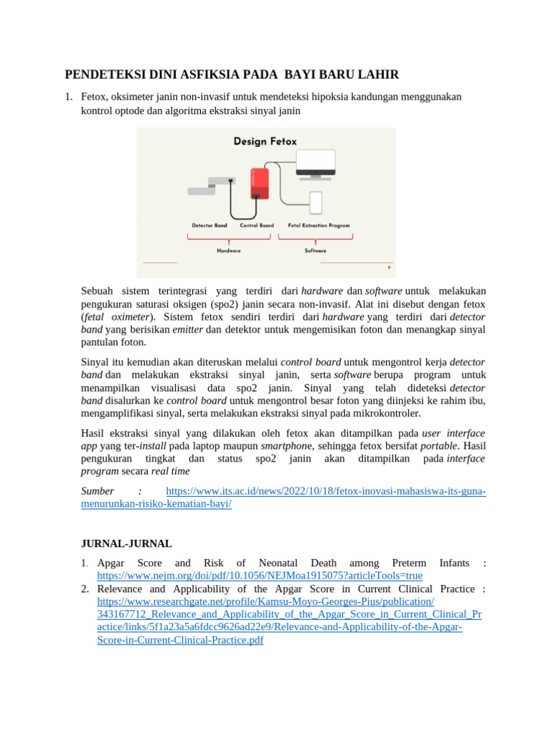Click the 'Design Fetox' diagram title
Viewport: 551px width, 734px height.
265,141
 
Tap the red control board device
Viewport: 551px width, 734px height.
259,183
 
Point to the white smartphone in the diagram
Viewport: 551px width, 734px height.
316,202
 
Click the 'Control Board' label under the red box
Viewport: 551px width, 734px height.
257,225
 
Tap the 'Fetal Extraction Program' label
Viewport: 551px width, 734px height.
319,225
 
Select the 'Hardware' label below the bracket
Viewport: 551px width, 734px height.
229,250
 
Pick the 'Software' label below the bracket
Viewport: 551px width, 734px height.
315,250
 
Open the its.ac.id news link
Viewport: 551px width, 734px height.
326,491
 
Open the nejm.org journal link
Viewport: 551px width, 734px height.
260,576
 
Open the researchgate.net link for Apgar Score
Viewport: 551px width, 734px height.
265,601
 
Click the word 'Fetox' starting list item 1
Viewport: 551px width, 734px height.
94,96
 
